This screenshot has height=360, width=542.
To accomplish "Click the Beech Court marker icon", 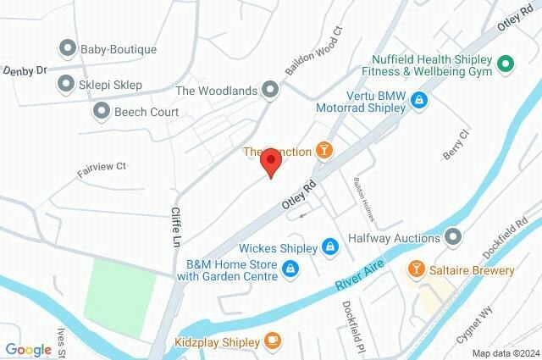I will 102,110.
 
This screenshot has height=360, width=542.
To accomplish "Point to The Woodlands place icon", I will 270,89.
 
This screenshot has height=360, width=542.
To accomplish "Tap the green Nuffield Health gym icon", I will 506,63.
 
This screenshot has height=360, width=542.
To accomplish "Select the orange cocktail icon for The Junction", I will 323,152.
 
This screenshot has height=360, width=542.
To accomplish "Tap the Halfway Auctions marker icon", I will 454,236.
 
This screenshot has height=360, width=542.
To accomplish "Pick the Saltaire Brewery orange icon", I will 417,270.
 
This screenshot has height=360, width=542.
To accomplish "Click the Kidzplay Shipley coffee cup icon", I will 271,341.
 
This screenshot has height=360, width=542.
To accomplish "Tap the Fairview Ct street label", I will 102,167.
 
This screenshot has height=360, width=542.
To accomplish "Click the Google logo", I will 28,350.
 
